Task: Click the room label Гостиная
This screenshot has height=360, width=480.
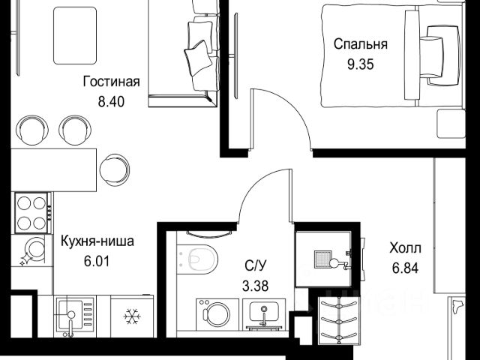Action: [112, 82]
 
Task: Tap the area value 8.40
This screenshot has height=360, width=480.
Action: [111, 102]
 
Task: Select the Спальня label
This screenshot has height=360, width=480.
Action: [360, 44]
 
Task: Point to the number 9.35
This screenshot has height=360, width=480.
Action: [360, 64]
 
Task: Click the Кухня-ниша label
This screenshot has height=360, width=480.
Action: [97, 241]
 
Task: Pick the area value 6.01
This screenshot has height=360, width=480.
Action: [97, 262]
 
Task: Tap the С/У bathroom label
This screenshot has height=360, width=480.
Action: [256, 265]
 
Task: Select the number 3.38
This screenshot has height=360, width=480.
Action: [255, 286]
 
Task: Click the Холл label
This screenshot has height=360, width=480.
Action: [405, 248]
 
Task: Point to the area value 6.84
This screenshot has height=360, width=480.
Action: [405, 268]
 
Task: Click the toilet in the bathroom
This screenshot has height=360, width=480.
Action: [197, 258]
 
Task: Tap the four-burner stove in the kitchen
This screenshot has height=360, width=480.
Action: [31, 212]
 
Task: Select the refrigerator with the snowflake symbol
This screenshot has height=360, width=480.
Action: [132, 316]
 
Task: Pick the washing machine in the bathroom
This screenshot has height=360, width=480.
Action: [217, 314]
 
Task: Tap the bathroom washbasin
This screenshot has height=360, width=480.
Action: [264, 314]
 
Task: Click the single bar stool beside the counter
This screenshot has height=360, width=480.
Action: [115, 170]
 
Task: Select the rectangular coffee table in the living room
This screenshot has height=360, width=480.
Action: [75, 36]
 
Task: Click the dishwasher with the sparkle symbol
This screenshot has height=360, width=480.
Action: [31, 250]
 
